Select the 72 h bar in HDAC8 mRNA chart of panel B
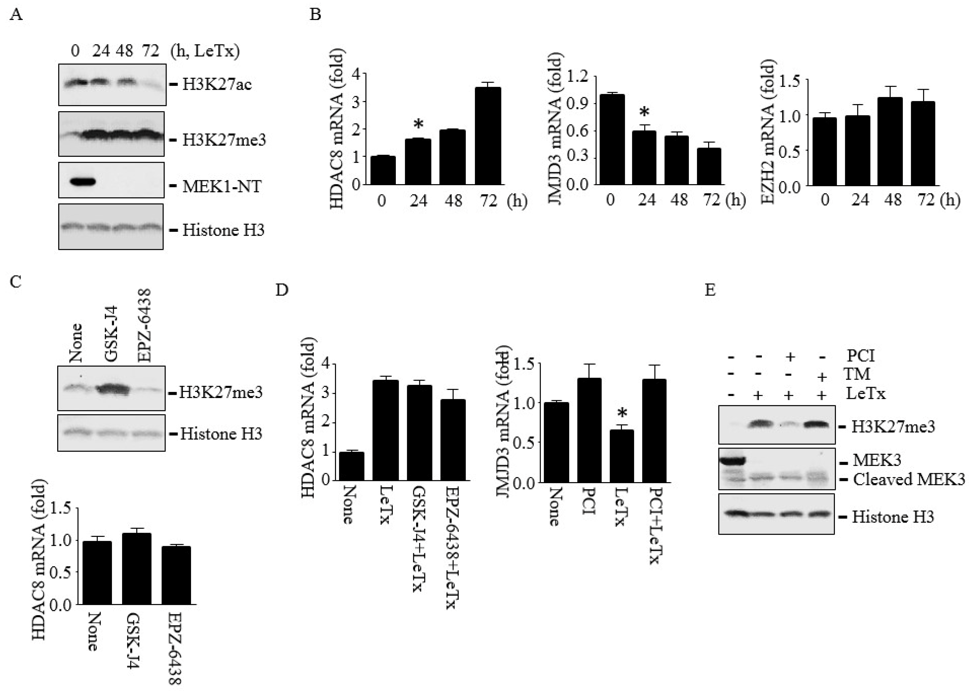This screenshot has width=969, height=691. [488, 136]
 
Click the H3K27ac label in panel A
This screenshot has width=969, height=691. [217, 84]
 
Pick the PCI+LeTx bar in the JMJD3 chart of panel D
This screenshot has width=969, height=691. [654, 430]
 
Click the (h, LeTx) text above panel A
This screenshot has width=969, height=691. [205, 51]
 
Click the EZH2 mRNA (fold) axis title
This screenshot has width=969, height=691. [768, 132]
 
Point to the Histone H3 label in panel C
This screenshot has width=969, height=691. [221, 434]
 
